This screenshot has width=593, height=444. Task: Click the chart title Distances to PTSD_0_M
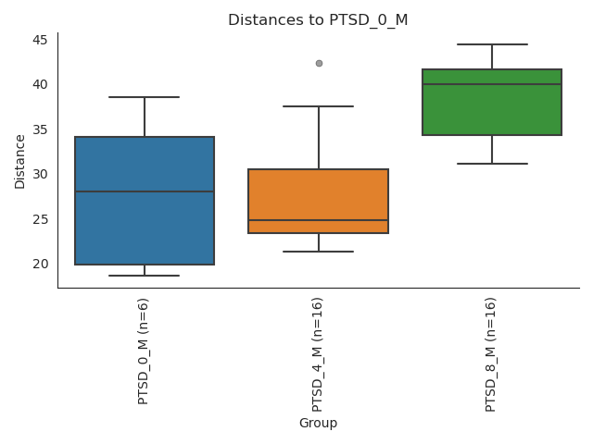pos(318,20)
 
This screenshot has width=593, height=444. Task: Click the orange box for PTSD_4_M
pos(318,196)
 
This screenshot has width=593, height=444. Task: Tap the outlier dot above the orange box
pos(319,63)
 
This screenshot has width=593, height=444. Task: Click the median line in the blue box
pos(145,191)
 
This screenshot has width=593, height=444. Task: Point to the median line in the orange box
pos(318,220)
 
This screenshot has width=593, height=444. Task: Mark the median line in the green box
pos(492,84)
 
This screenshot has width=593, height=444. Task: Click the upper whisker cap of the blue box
pos(145,97)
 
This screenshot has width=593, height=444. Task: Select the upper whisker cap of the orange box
pos(318,106)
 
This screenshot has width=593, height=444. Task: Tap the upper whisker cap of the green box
pos(492,44)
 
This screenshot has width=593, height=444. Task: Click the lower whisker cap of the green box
pos(492,164)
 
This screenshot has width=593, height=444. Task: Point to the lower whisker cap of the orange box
pos(318,252)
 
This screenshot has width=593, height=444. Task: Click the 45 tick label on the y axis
pos(41,40)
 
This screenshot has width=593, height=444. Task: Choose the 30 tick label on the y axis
pos(41,174)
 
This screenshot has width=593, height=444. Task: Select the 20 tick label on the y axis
pos(41,264)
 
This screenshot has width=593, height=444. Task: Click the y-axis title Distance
pos(20,161)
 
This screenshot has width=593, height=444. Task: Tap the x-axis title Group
pos(318,423)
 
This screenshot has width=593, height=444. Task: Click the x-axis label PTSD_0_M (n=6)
pos(144,351)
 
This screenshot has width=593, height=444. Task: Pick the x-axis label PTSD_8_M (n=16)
pos(491,354)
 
